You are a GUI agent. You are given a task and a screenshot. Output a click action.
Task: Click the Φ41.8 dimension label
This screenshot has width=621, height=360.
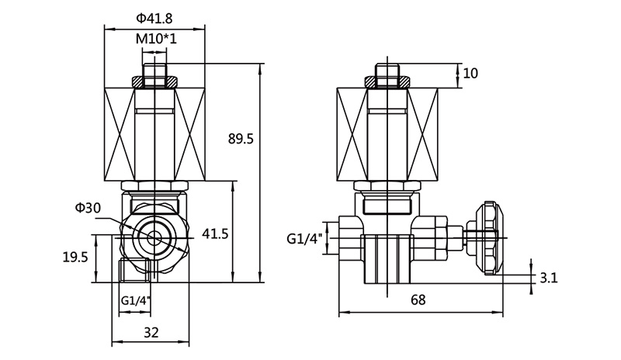[154, 17]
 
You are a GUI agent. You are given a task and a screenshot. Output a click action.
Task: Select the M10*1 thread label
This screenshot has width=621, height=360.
[155, 38]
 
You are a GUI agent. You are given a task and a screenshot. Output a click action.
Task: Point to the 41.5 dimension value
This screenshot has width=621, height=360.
[215, 234]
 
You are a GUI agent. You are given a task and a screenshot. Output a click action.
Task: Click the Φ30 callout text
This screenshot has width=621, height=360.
[87, 208]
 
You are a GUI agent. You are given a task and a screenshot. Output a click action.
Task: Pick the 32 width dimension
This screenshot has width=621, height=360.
[151, 332]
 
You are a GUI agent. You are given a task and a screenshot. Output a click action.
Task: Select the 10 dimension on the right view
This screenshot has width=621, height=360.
[470, 74]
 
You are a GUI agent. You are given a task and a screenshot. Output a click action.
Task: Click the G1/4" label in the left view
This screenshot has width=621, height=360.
[136, 300]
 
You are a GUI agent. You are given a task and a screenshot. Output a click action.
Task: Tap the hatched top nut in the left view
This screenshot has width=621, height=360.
[154, 81]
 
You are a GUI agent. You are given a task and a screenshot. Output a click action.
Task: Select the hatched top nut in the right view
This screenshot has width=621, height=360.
[387, 81]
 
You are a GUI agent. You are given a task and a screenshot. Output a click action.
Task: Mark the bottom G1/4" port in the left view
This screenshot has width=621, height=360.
[136, 271]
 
